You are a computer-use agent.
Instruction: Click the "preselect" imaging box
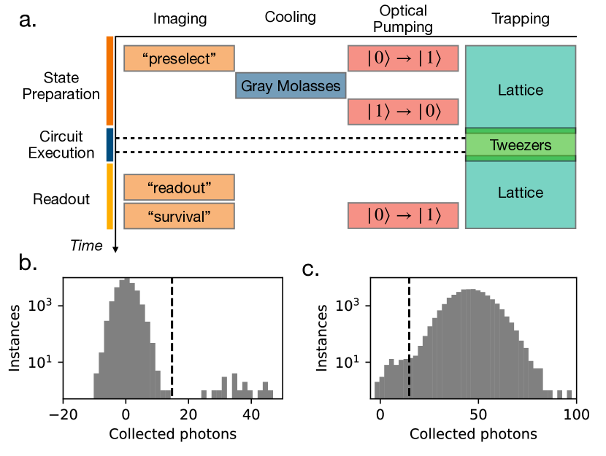[x=179, y=58]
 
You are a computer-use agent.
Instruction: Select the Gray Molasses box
[x=290, y=86]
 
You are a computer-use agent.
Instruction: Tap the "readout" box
[x=179, y=188]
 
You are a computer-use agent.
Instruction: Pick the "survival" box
[x=179, y=216]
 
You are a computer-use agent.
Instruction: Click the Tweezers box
[x=521, y=144]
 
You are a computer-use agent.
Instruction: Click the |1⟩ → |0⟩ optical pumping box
[x=403, y=112]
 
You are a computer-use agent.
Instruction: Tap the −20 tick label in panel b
[x=64, y=413]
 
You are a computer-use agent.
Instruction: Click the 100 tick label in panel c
[x=576, y=413]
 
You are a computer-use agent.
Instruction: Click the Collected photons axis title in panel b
[x=172, y=433]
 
